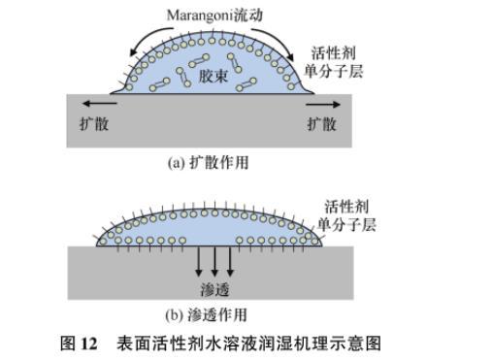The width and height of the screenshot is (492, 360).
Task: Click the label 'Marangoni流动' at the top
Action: click(x=214, y=16)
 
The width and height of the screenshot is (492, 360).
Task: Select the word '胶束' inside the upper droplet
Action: click(x=213, y=77)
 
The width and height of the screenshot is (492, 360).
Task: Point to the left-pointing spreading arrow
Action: click(x=99, y=104)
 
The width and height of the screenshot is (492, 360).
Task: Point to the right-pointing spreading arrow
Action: click(x=323, y=104)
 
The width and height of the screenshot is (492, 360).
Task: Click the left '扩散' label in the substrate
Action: click(x=94, y=123)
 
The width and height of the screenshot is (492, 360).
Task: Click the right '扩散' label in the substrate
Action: click(x=321, y=124)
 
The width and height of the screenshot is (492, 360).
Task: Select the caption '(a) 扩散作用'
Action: click(x=208, y=162)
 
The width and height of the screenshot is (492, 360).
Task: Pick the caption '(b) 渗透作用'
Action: click(x=206, y=314)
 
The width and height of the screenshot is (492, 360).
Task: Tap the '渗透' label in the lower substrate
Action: click(x=214, y=290)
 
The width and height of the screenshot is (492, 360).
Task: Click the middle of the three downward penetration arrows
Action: click(x=214, y=261)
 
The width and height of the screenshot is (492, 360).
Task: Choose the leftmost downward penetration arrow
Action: click(x=199, y=261)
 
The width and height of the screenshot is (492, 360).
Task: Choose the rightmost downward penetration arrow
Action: click(x=230, y=261)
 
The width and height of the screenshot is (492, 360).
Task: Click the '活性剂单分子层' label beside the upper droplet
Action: click(x=334, y=62)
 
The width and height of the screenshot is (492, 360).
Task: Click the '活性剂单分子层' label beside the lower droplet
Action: click(x=346, y=215)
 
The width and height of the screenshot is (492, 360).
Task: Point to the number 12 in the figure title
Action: click(x=89, y=344)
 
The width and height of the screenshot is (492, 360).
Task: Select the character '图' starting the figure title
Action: click(x=68, y=344)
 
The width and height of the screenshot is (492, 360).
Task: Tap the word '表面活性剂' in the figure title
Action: click(x=153, y=344)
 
